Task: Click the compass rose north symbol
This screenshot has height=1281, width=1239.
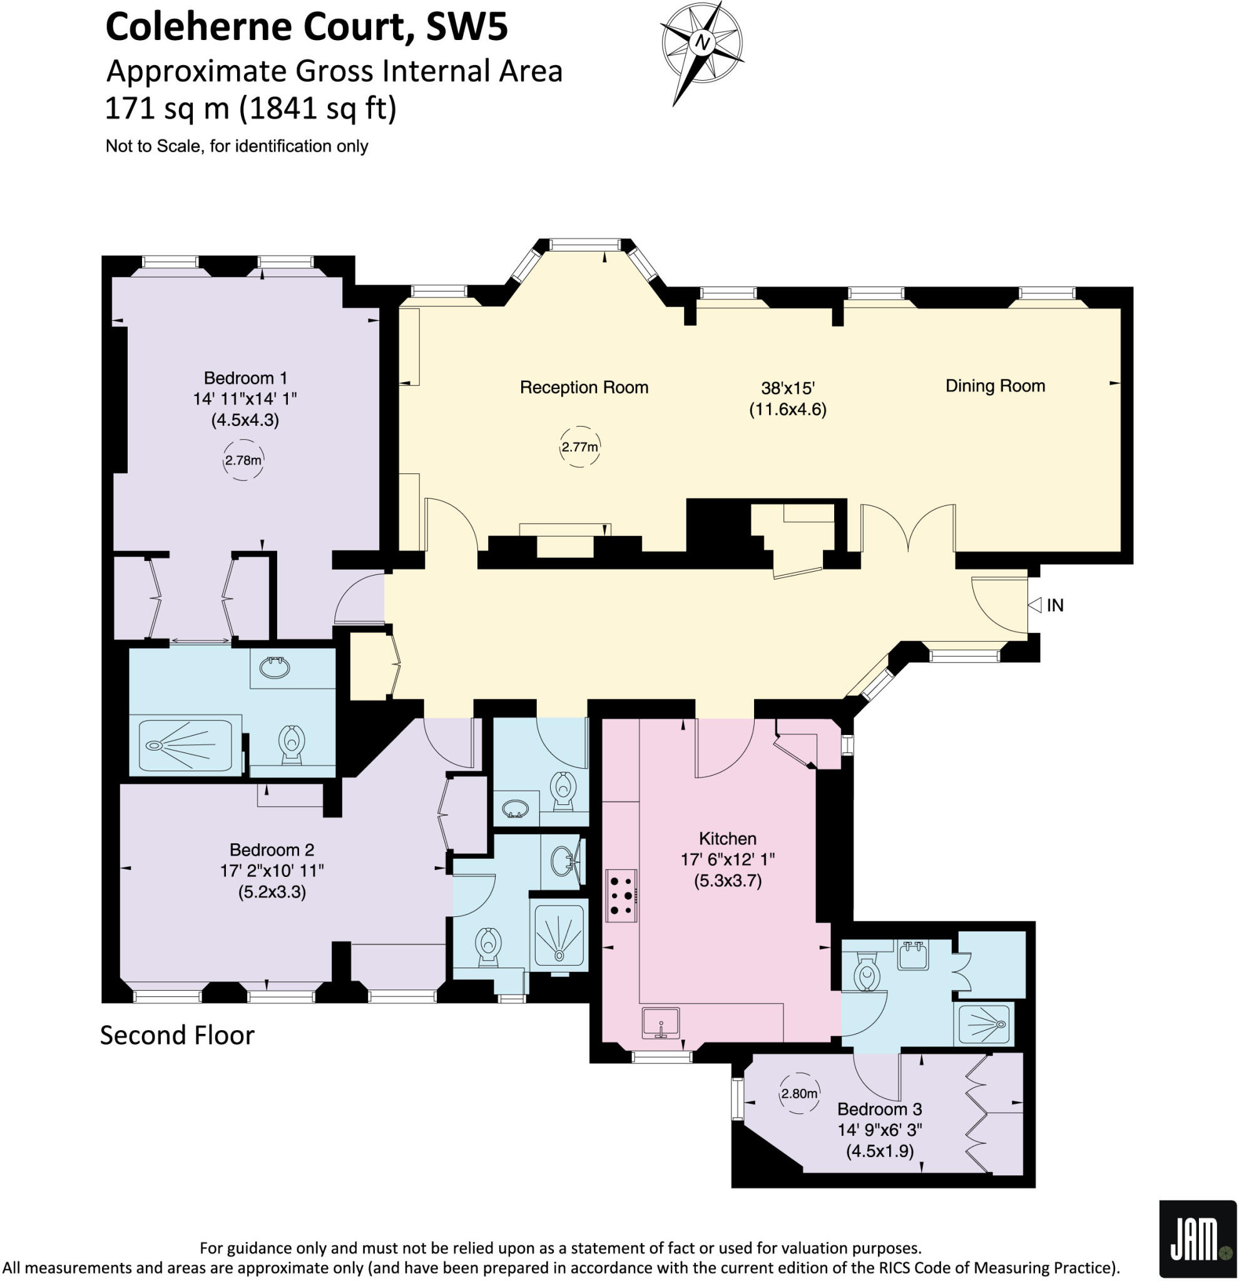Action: point(702,43)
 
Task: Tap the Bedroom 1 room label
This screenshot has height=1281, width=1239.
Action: point(245,378)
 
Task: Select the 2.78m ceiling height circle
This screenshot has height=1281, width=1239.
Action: point(243,460)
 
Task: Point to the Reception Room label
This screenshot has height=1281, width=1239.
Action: point(583,388)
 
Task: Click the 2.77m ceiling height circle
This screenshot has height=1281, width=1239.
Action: point(579,447)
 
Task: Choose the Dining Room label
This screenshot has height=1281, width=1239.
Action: point(994,385)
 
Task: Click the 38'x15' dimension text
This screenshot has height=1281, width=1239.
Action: point(787,388)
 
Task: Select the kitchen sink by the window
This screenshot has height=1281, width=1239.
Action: point(660,1022)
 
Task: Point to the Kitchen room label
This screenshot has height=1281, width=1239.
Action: point(727,839)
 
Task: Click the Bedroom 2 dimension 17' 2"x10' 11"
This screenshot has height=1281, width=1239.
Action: point(272,871)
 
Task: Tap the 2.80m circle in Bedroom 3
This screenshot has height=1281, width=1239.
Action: point(799,1093)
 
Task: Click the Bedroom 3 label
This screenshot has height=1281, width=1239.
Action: point(879,1109)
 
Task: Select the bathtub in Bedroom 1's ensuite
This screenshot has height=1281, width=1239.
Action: point(180,746)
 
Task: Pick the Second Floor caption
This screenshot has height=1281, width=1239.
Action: point(176,1035)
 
